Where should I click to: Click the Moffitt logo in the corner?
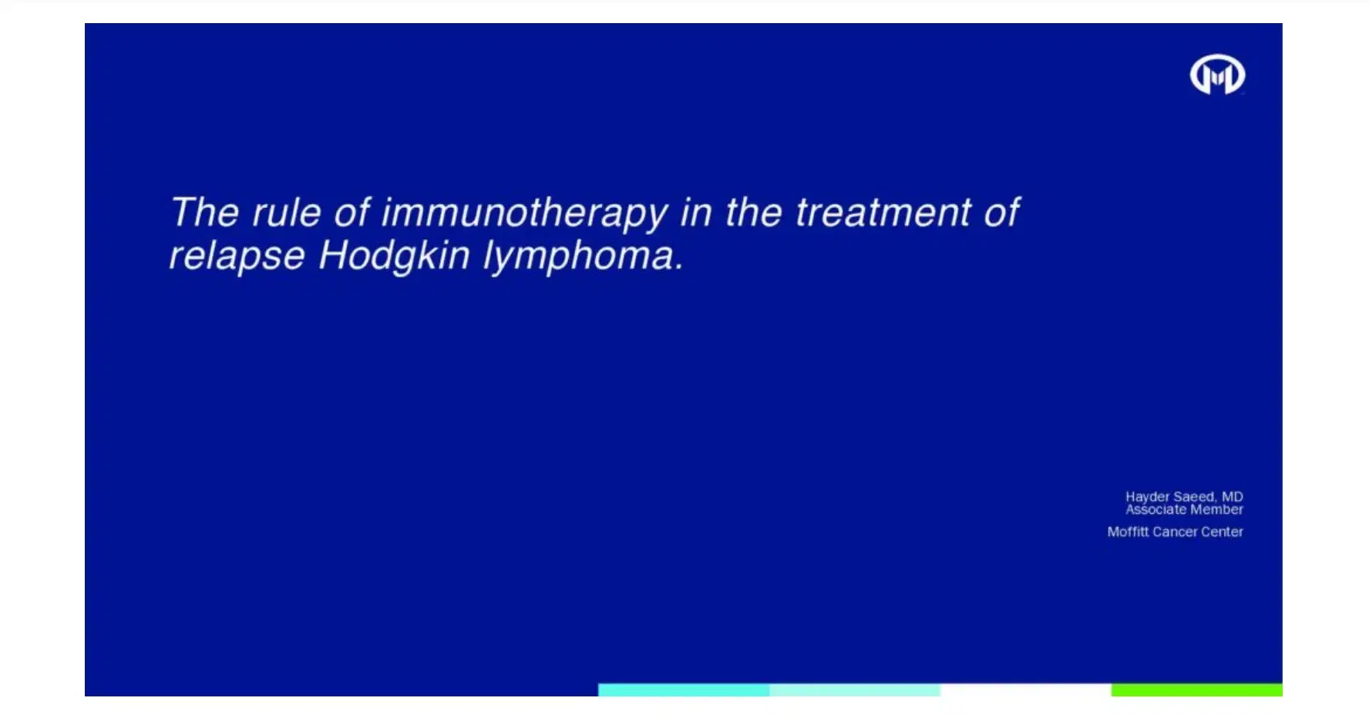click(x=1217, y=75)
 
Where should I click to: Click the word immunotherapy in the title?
click(x=524, y=213)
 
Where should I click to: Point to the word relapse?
click(x=237, y=256)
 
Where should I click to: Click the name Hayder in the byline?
click(x=1147, y=497)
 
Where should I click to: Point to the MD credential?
click(x=1232, y=497)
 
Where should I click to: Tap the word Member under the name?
click(x=1216, y=509)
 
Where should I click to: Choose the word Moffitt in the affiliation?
click(x=1128, y=532)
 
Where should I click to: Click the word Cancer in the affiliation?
click(x=1175, y=532)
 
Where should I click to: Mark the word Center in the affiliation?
click(x=1222, y=532)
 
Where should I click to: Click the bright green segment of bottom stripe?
click(x=1196, y=689)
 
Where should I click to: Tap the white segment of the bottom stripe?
click(x=1025, y=689)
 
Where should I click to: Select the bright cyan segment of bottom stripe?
click(x=683, y=689)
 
